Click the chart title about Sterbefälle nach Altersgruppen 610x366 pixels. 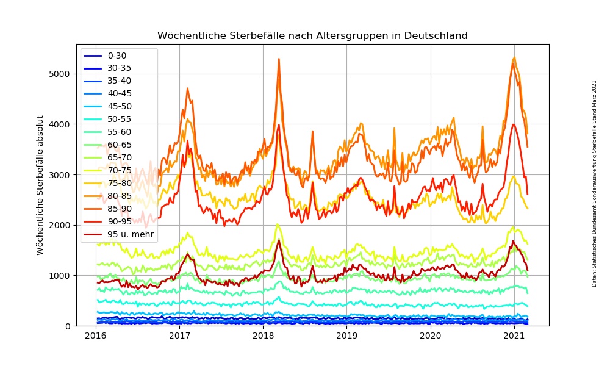pos(312,36)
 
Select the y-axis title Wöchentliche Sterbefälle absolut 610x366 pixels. pos(40,185)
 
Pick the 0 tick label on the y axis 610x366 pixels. pos(67,326)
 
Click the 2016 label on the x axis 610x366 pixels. pos(96,336)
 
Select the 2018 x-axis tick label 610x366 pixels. pos(263,336)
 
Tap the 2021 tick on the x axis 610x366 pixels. pos(514,336)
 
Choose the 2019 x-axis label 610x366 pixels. pos(346,336)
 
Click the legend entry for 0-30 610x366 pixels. pos(117,56)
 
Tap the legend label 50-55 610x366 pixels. pos(119,119)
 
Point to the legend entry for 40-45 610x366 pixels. pos(119,93)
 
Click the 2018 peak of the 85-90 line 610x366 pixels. pos(279,59)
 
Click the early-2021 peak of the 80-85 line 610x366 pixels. pos(514,58)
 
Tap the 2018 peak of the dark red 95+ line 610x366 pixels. pos(279,240)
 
